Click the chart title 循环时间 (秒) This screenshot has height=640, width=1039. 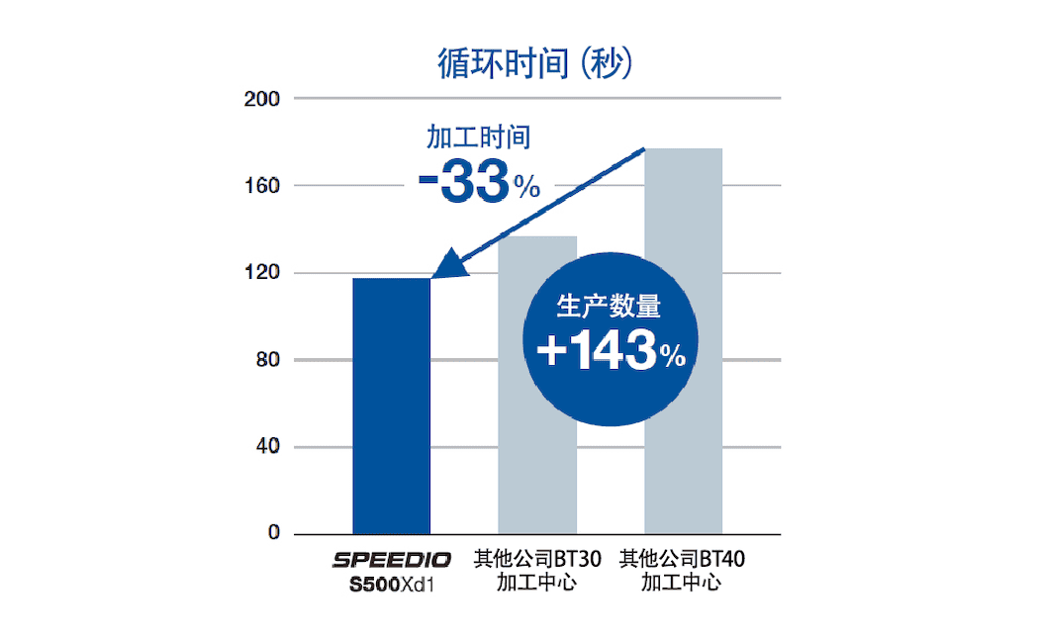coord(534,64)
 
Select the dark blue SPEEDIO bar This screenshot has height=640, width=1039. coord(391,406)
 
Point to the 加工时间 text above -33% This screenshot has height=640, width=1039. coord(479,137)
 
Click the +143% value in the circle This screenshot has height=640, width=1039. coord(610,352)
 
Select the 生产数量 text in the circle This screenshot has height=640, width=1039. coord(609,307)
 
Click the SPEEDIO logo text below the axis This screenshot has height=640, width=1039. coord(392,561)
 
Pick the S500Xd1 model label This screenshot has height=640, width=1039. coord(392,584)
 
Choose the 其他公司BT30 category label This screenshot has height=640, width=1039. coord(536,560)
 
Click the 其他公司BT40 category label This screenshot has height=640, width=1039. coord(682,560)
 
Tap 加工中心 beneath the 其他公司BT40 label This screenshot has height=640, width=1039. coord(682,583)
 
